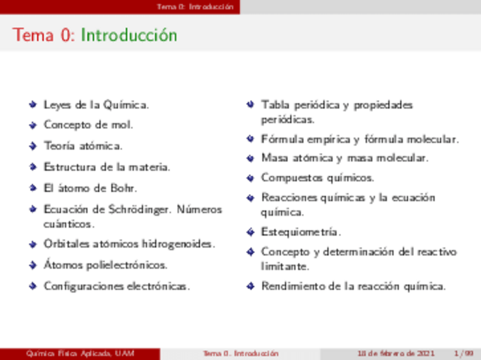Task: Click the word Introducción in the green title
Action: pyautogui.click(x=129, y=35)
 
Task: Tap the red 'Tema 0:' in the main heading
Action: pyautogui.click(x=44, y=35)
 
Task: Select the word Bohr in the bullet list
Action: pyautogui.click(x=124, y=188)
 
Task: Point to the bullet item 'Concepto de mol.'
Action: pyautogui.click(x=88, y=125)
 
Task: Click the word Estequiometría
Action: pyautogui.click(x=301, y=232)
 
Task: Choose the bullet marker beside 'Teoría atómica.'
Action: pyautogui.click(x=33, y=146)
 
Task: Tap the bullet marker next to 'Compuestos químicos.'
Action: pyautogui.click(x=250, y=178)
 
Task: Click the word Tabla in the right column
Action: pyautogui.click(x=275, y=105)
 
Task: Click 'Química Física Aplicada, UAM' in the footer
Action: pyautogui.click(x=80, y=354)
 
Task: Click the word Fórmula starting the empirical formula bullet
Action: pyautogui.click(x=280, y=139)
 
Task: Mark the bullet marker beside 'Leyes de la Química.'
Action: pyautogui.click(x=33, y=105)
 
